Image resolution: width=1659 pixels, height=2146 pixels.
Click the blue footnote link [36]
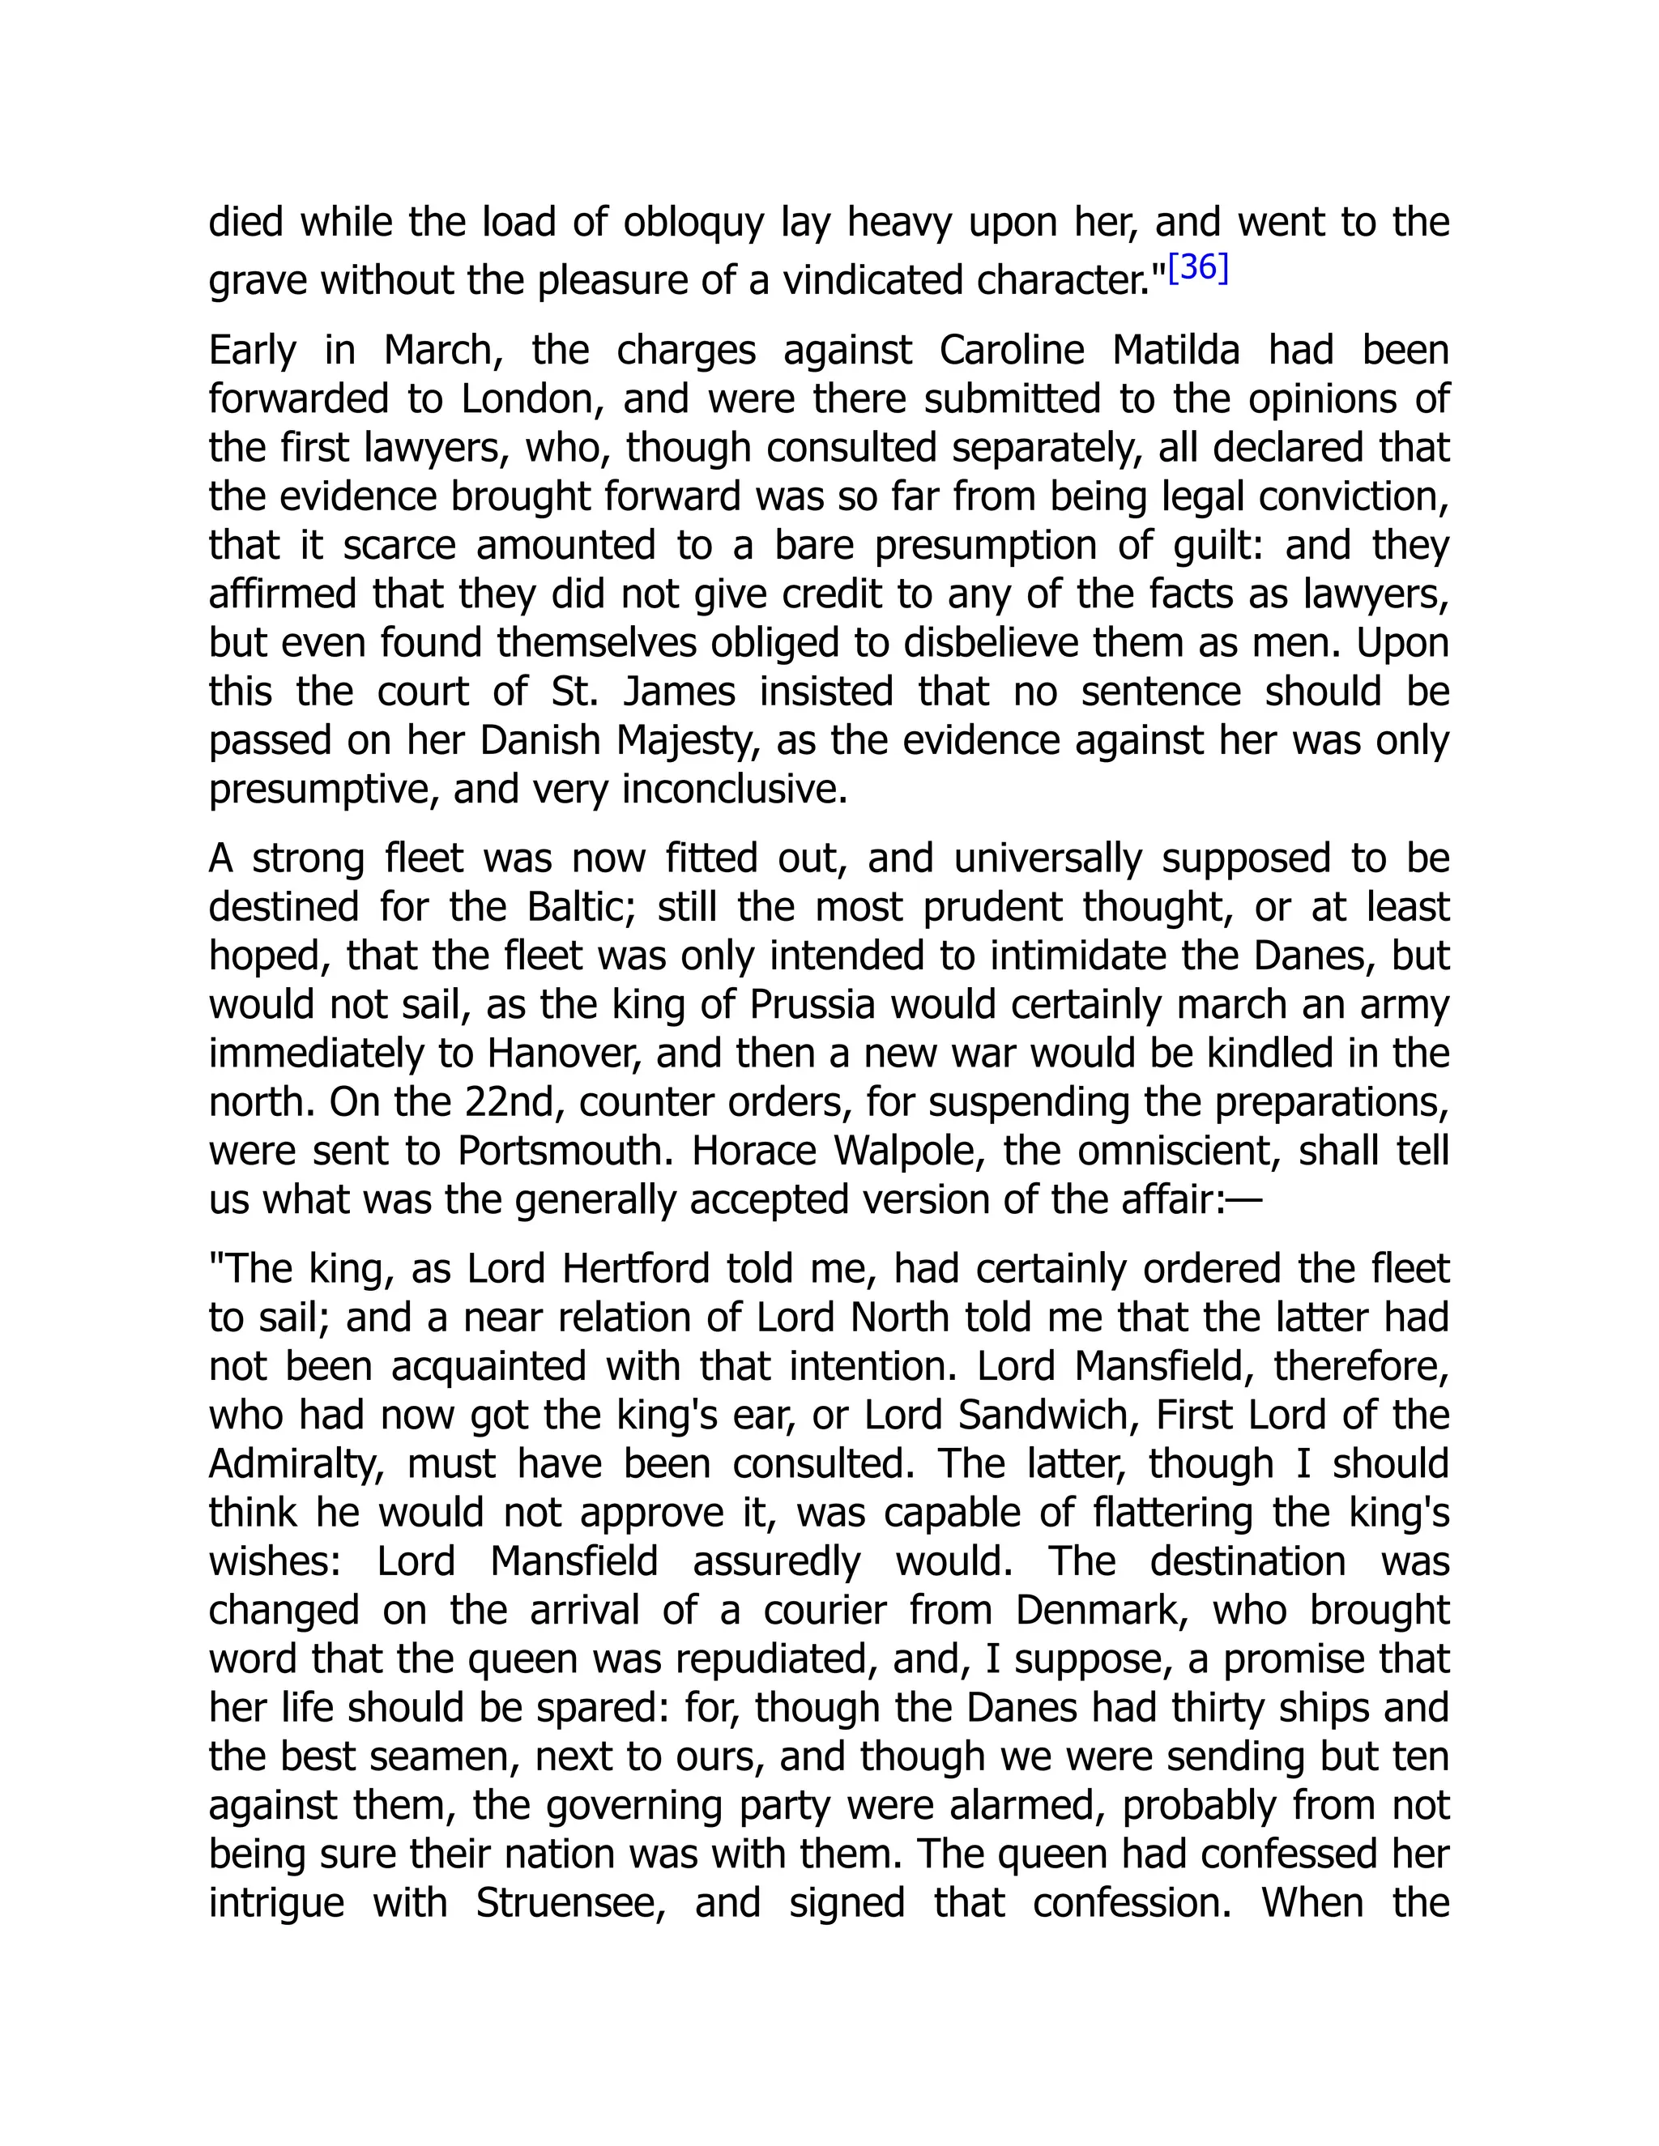click(x=1198, y=267)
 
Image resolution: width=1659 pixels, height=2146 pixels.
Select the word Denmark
click(x=1101, y=1611)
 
